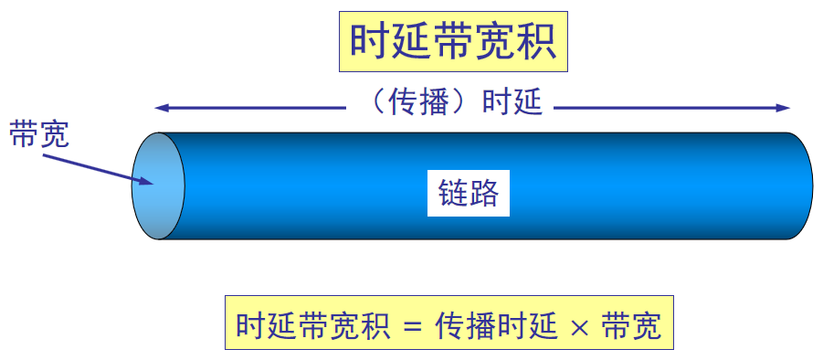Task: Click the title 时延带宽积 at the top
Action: click(x=453, y=41)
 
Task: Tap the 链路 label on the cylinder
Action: click(x=467, y=194)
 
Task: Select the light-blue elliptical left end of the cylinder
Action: click(x=158, y=185)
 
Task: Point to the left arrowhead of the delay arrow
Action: click(x=161, y=108)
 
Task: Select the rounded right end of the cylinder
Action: click(x=802, y=185)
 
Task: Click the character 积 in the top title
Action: click(x=537, y=41)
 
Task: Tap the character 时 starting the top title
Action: click(x=369, y=41)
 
